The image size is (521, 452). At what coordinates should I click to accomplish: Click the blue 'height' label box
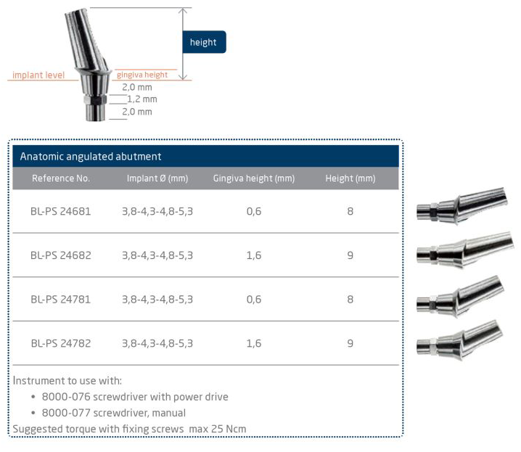click(204, 42)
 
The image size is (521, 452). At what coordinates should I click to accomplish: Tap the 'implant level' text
click(38, 75)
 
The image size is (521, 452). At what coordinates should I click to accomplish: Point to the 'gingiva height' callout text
click(142, 75)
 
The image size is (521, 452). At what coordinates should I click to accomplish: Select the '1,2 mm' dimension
click(142, 99)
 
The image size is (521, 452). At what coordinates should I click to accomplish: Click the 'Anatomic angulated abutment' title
click(91, 156)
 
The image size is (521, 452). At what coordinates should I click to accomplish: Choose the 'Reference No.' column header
click(61, 178)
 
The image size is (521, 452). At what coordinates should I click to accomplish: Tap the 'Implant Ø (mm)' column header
click(157, 178)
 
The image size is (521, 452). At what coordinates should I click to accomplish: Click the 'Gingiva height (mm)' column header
click(254, 178)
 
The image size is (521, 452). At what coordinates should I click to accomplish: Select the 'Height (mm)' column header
click(350, 178)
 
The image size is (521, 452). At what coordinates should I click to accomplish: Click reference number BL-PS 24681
click(61, 211)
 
